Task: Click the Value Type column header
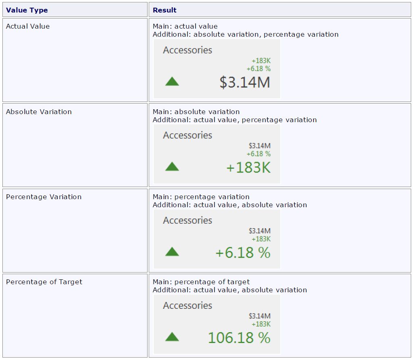pos(27,10)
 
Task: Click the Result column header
pos(164,10)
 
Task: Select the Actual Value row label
pos(28,27)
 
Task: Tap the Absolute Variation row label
pos(39,112)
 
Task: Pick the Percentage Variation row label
pos(44,197)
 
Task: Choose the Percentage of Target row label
pos(44,282)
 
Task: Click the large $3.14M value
pos(245,82)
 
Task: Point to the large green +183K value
pos(248,167)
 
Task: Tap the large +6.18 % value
pos(243,253)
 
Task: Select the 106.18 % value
pos(239,338)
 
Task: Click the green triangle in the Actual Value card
pos(172,81)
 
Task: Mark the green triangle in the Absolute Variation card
pos(172,166)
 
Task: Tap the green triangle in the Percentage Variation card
pos(172,252)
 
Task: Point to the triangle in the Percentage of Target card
pos(172,337)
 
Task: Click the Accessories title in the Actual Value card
pos(187,50)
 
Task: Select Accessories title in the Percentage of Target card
pos(187,306)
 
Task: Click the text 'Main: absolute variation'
pos(196,112)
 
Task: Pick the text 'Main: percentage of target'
pos(201,282)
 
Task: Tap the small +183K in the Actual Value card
pos(261,61)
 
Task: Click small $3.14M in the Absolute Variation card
pos(260,146)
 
